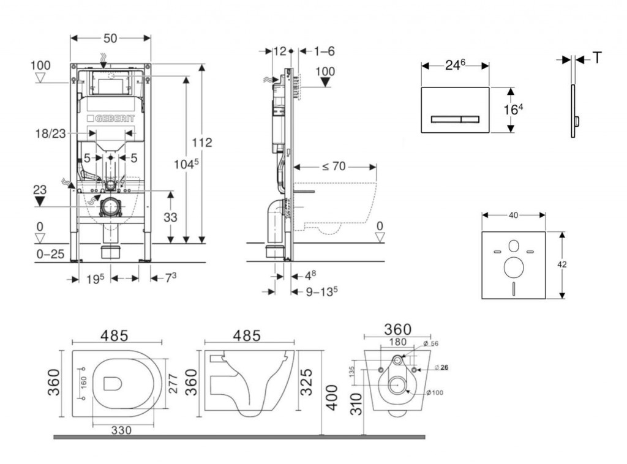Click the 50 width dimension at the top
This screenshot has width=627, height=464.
110,39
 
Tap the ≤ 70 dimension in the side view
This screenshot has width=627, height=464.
334,166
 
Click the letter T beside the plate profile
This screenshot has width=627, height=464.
597,58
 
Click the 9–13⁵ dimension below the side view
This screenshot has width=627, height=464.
322,292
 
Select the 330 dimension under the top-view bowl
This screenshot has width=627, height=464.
122,430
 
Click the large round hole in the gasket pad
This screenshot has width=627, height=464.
514,268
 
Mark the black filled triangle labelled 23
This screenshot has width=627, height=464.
40,201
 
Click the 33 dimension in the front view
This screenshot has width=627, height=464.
170,217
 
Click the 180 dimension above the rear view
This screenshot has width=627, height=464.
398,342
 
